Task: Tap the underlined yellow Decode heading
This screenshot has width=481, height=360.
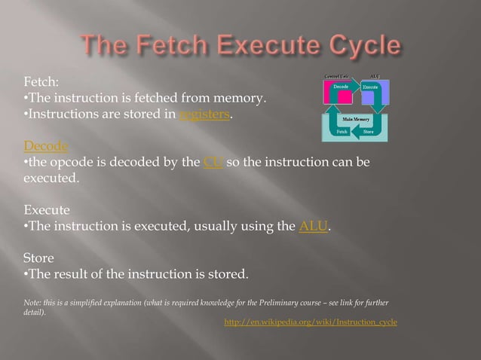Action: (x=46, y=145)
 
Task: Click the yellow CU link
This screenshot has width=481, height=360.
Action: (x=212, y=162)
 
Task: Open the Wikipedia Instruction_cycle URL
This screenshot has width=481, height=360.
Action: (x=311, y=322)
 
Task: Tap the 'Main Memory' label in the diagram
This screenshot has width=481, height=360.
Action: (x=355, y=120)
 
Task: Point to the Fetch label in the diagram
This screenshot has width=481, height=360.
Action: (x=342, y=132)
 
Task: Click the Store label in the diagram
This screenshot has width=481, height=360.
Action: (x=368, y=132)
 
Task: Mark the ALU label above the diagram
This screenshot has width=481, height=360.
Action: (x=375, y=76)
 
